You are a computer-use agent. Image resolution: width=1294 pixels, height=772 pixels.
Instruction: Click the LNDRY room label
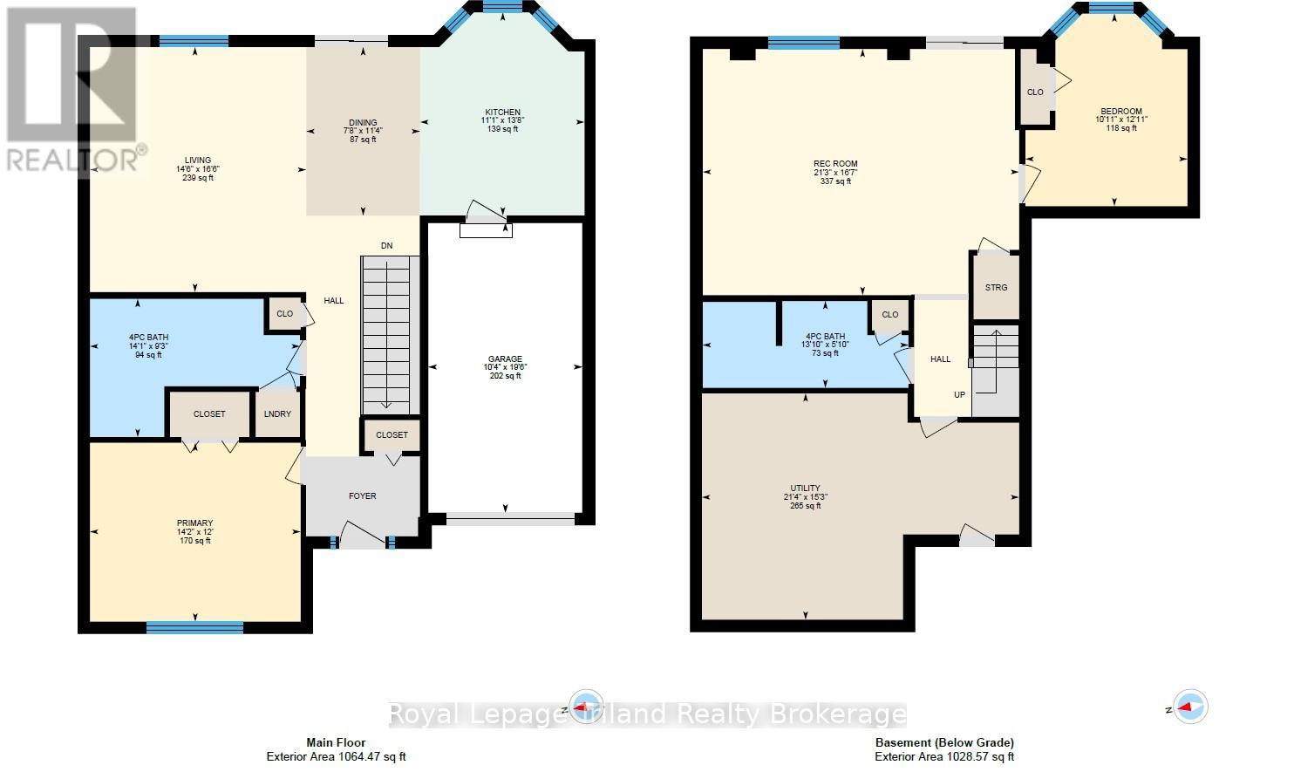(277, 414)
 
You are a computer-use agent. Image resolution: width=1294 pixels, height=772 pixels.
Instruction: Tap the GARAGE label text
(505, 359)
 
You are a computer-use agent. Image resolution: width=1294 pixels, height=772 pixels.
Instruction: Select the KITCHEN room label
(503, 113)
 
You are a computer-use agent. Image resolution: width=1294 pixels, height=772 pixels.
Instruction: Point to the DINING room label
(363, 123)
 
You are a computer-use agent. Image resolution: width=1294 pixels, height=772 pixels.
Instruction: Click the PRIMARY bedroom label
(195, 523)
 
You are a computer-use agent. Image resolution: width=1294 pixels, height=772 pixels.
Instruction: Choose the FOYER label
(363, 496)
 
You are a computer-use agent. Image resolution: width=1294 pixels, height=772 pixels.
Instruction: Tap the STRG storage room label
(996, 288)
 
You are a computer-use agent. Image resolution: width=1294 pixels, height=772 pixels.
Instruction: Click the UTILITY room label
(806, 488)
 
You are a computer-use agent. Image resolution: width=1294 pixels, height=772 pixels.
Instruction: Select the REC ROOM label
(835, 164)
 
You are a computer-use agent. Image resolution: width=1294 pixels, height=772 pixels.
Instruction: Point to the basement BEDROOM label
(1120, 111)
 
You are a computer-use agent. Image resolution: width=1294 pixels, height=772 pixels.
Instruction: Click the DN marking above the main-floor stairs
(386, 246)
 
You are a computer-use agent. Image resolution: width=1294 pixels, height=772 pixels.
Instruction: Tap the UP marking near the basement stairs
(959, 395)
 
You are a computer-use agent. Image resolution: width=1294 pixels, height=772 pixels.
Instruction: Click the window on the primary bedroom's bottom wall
(194, 626)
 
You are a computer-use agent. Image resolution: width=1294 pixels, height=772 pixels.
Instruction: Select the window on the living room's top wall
(194, 40)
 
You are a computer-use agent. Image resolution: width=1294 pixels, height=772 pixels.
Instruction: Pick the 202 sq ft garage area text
(505, 376)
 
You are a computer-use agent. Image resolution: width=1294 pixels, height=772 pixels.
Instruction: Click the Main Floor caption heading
(336, 743)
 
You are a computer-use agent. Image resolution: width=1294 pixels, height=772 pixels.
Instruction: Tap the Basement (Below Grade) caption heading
(944, 743)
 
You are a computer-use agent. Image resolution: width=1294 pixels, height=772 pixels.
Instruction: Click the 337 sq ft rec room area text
(835, 181)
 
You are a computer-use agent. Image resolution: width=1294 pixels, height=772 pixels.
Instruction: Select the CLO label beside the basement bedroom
(1035, 92)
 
